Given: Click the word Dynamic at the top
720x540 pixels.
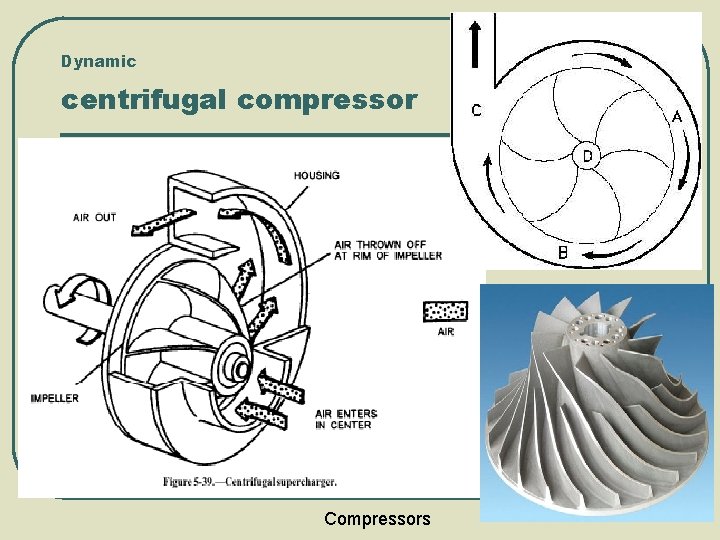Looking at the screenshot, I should [x=98, y=61].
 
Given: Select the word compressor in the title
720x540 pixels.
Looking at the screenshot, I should [x=342, y=101].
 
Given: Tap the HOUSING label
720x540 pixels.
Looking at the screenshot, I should [x=316, y=176].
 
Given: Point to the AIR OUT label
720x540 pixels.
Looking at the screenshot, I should [x=94, y=217].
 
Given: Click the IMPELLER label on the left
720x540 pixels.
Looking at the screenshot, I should [x=54, y=398].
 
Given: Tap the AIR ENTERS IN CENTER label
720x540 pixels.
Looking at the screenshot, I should [x=343, y=419].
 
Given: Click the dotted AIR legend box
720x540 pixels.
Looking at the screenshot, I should [x=445, y=311].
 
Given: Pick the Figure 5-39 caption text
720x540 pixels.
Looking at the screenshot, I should [x=250, y=482].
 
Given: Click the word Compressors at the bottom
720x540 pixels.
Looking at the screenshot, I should [x=377, y=518].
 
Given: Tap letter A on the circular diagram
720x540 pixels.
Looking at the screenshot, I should [x=676, y=116].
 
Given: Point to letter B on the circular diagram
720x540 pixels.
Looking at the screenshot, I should [x=563, y=253].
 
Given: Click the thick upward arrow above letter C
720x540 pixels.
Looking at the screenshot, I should [x=475, y=45].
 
